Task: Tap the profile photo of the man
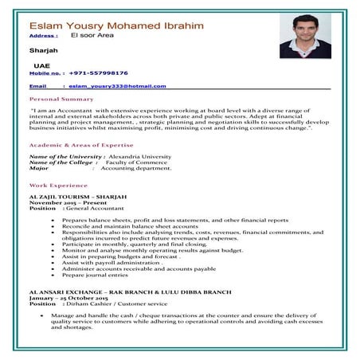(x=305, y=36)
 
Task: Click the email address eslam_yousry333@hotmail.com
(x=117, y=85)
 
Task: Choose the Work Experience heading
(x=58, y=184)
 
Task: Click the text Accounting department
(x=135, y=168)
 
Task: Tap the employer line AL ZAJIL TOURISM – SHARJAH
(x=77, y=195)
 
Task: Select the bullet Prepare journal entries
(x=94, y=275)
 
